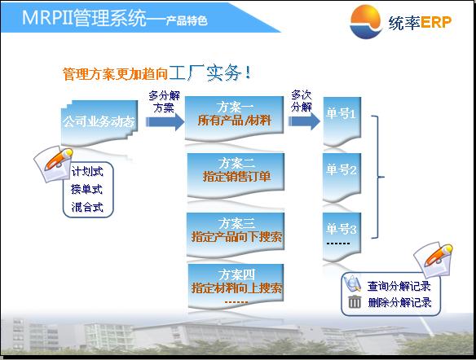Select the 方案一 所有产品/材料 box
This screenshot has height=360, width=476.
(234, 117)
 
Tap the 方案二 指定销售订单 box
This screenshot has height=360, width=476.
(236, 174)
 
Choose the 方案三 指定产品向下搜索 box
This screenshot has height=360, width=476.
(236, 234)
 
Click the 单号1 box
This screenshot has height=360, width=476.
(342, 121)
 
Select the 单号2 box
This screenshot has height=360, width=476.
(342, 177)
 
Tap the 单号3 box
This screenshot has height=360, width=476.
(342, 236)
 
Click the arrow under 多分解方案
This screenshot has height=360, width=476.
(165, 121)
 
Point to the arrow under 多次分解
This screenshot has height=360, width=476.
(304, 121)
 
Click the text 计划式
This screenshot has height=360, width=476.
(87, 172)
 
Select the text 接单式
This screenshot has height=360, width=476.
(87, 189)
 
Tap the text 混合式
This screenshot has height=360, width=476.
(87, 207)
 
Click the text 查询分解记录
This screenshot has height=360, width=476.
(399, 286)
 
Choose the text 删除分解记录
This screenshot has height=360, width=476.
(400, 302)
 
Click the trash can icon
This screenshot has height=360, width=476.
(355, 301)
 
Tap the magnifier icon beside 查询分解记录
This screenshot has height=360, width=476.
(352, 283)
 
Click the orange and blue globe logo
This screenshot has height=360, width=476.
(365, 22)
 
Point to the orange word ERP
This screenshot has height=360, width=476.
(436, 22)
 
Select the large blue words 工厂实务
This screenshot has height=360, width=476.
(205, 72)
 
